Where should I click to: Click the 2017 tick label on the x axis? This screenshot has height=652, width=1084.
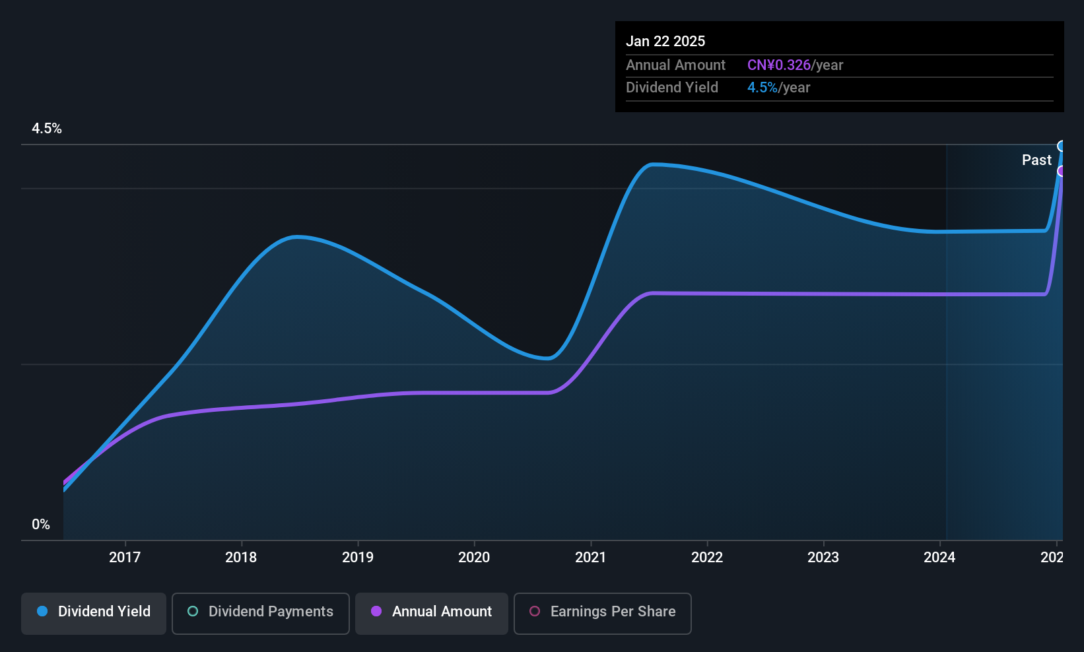[125, 557]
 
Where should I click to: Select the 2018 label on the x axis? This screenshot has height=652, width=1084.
[241, 557]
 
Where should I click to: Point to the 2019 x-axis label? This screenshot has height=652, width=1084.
[358, 557]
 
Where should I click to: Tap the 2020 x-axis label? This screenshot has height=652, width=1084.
[474, 557]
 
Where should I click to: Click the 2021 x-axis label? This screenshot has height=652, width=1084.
[591, 557]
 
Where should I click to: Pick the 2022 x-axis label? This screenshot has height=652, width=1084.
[707, 557]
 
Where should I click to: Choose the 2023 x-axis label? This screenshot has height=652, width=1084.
[823, 557]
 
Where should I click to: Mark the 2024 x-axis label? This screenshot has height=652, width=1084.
[939, 557]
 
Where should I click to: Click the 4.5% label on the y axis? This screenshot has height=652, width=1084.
[47, 129]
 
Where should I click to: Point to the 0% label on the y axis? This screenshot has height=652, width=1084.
[41, 525]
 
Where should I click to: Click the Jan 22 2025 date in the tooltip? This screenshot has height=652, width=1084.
[665, 41]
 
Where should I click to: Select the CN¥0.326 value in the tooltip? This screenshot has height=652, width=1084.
[779, 65]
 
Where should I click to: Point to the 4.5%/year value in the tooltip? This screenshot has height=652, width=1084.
[778, 88]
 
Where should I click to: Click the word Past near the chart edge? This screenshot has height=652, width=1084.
[1036, 160]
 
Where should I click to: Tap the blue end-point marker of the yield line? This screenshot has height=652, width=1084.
[1062, 146]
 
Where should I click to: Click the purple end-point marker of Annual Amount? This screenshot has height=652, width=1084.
[1062, 171]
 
